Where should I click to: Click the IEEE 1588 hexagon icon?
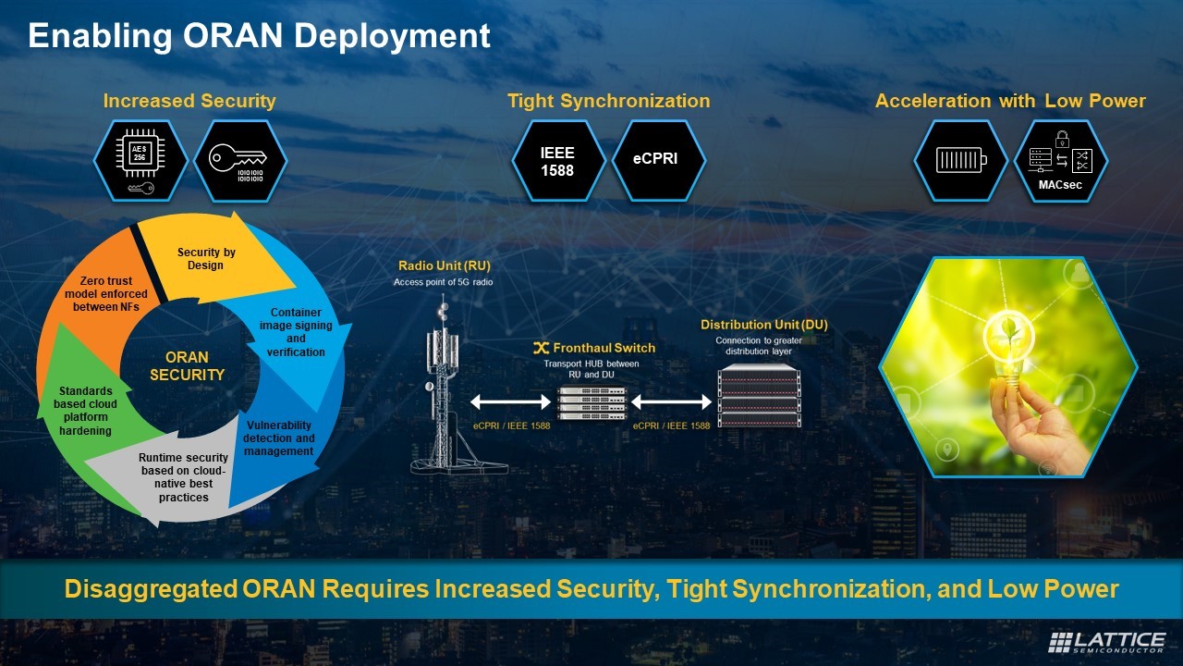point(557,161)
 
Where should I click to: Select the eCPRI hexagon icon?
point(655,161)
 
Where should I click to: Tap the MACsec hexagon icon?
point(1061,161)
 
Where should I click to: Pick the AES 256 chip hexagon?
point(140,161)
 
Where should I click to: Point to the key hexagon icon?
point(238,161)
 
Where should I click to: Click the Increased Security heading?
point(189,101)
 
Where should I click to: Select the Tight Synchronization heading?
point(608,101)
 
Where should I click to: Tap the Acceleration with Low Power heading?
point(1010,101)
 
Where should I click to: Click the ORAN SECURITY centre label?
point(188,366)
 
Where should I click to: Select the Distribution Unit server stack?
point(758,395)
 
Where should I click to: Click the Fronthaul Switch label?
point(594,348)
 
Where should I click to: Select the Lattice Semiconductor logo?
point(1106,642)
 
